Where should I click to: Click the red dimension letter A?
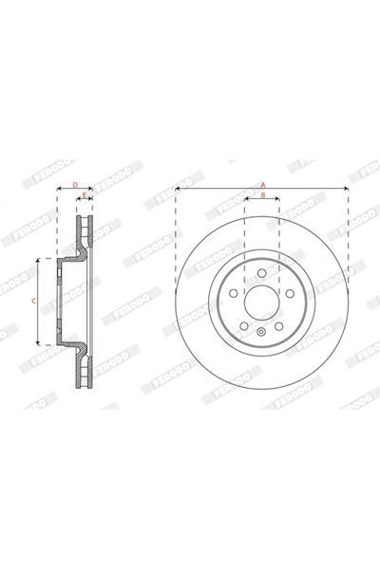[x=262, y=183]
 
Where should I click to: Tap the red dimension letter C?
[x=32, y=300]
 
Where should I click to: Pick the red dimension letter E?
[x=85, y=195]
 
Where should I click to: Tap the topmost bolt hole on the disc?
[x=262, y=274]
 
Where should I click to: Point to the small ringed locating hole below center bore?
[x=262, y=332]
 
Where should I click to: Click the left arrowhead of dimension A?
[x=178, y=189]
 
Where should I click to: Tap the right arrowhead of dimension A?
[x=347, y=189]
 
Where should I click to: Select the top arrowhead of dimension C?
[x=39, y=260]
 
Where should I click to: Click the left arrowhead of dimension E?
[x=79, y=201]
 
